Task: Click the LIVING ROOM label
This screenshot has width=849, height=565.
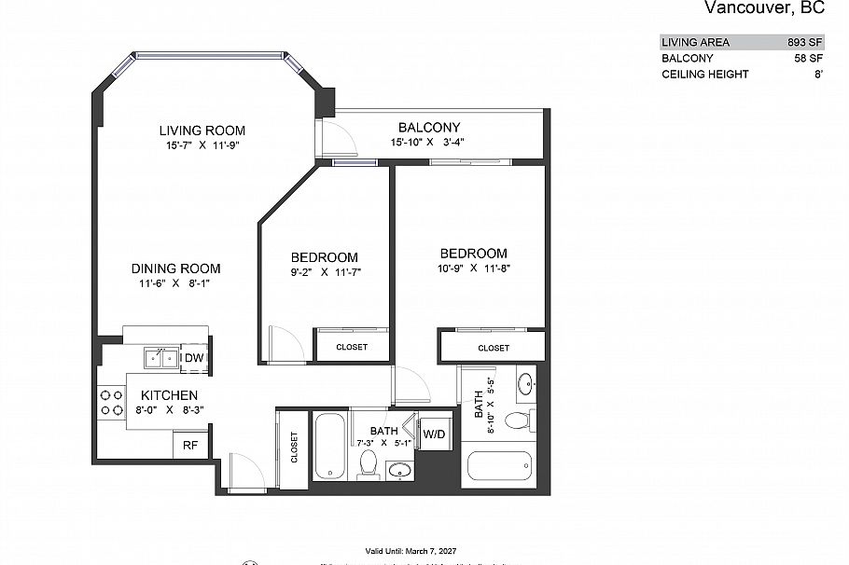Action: click(x=202, y=130)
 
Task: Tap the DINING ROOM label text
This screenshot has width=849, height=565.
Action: click(x=175, y=269)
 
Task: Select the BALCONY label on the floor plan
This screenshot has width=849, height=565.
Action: click(x=428, y=127)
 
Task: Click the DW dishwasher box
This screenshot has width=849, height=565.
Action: click(x=193, y=358)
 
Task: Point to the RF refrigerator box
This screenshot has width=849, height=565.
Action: click(x=189, y=446)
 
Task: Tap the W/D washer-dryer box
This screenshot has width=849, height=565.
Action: click(x=434, y=434)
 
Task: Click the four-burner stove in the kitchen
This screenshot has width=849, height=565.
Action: click(x=112, y=402)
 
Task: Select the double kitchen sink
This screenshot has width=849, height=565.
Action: click(x=160, y=357)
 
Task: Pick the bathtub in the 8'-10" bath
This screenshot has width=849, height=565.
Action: click(x=499, y=465)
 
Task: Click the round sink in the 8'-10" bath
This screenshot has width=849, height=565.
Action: click(x=527, y=382)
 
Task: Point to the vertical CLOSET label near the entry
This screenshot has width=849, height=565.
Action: click(x=294, y=448)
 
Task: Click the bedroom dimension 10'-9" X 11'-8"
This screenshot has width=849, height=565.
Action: click(x=473, y=269)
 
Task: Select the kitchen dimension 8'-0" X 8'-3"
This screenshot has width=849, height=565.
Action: click(x=170, y=409)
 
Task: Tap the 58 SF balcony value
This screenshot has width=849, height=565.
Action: click(x=809, y=58)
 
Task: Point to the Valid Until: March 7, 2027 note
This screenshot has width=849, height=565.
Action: click(x=410, y=551)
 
